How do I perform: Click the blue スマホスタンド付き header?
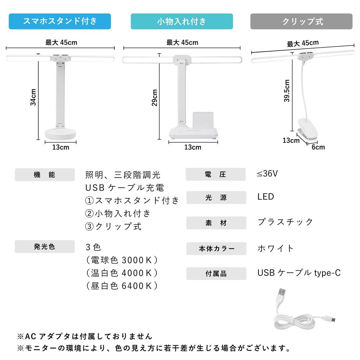tap(60, 21)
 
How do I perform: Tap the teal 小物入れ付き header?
tap(182, 21)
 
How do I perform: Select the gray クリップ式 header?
tap(301, 21)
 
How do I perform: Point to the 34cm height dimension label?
tap(33, 97)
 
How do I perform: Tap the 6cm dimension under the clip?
tap(318, 147)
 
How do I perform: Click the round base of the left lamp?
tap(60, 134)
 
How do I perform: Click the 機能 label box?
tap(45, 175)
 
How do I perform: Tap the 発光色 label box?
tap(45, 246)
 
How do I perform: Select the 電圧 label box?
tap(216, 174)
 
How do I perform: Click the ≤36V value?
tap(268, 174)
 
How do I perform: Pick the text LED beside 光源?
tap(265, 197)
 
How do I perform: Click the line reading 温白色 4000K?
tap(122, 273)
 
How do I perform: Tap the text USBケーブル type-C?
tap(299, 273)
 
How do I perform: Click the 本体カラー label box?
tap(216, 249)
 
